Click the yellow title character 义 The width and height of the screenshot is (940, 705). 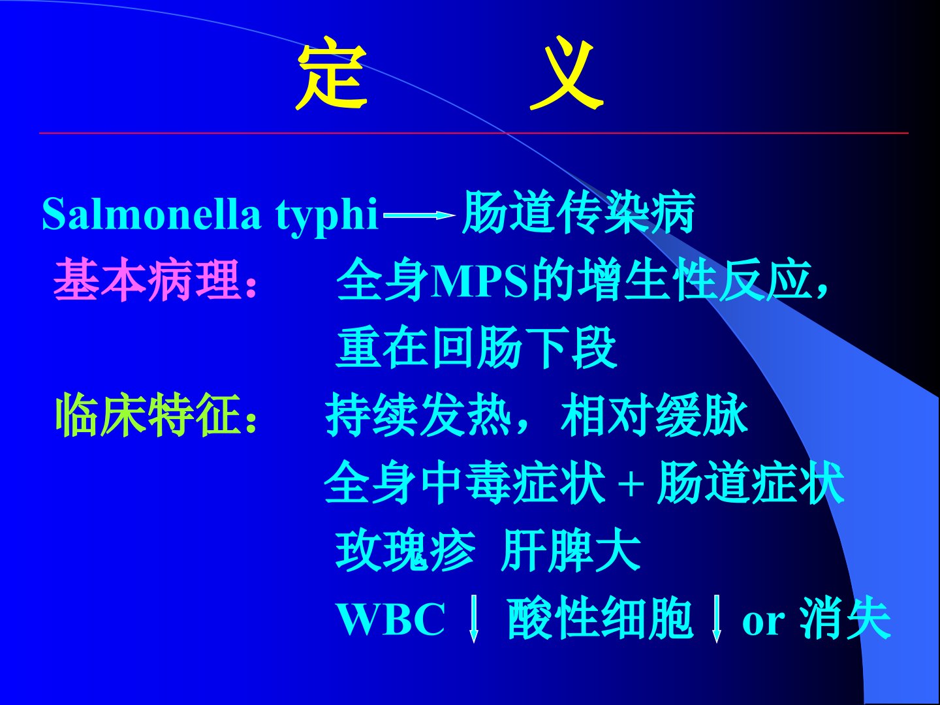click(x=567, y=74)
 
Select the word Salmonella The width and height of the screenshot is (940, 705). click(x=151, y=213)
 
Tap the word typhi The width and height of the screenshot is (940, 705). click(x=326, y=216)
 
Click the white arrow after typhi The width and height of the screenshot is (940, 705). click(x=419, y=215)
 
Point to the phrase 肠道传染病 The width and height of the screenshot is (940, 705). click(x=578, y=212)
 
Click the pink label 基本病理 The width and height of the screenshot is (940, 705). click(x=146, y=280)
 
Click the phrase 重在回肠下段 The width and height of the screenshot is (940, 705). click(x=476, y=347)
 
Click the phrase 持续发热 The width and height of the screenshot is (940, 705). click(x=419, y=415)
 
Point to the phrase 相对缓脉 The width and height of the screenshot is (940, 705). click(x=654, y=415)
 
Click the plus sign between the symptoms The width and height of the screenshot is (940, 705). click(x=631, y=485)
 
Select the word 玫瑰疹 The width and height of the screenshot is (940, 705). click(x=405, y=550)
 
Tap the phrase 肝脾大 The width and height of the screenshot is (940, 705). click(x=571, y=550)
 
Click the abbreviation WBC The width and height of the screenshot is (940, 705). click(x=392, y=619)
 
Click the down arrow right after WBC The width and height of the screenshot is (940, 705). click(x=473, y=619)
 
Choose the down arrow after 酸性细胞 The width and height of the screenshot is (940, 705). click(x=716, y=619)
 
